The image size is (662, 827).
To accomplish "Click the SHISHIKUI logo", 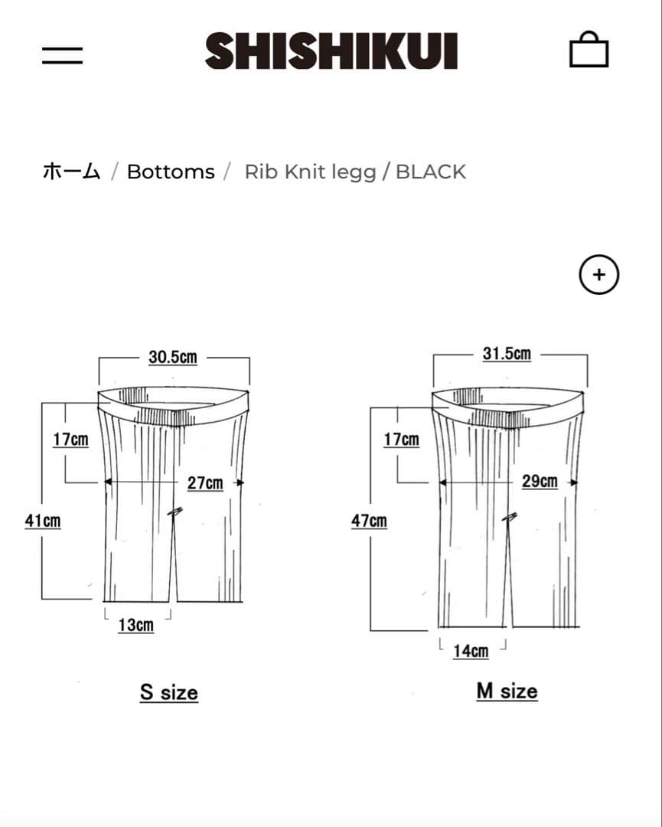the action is [331, 51].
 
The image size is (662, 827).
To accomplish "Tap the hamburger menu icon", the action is [62, 55].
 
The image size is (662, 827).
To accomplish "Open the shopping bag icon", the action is [589, 49].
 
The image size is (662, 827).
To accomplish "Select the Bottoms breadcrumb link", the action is [171, 172].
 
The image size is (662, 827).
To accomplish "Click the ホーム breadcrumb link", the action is [71, 172].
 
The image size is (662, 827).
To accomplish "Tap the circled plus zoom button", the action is [598, 275].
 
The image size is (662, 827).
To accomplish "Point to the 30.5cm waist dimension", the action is [173, 357].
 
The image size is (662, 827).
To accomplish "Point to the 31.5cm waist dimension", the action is [507, 353].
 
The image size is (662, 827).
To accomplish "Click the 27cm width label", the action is [205, 483].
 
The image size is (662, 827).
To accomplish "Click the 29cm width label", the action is [540, 481].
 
